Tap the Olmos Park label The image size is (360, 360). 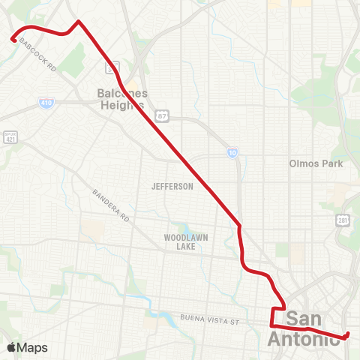315,163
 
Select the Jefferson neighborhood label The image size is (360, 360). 172,186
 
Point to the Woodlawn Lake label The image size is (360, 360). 185,241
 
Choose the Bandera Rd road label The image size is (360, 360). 112,204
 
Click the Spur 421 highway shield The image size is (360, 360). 10,136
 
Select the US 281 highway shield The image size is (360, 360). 342,220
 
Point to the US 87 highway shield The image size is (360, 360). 162,115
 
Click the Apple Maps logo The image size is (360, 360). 26,347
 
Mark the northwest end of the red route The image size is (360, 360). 13,40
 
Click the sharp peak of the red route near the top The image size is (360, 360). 79,21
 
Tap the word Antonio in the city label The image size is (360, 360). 303,339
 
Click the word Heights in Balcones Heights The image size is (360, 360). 121,105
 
